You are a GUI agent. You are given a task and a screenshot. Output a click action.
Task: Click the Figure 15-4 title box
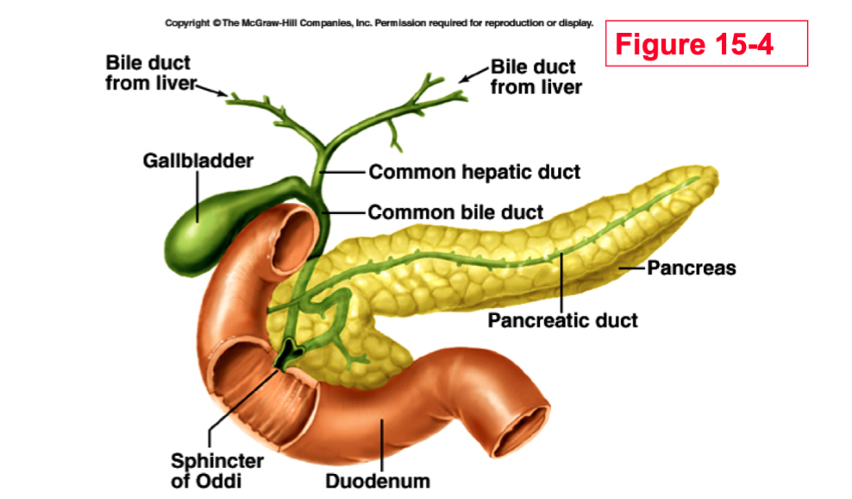(x=706, y=43)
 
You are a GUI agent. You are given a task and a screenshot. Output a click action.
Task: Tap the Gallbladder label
(x=198, y=161)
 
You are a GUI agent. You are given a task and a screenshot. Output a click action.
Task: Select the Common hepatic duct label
(x=474, y=172)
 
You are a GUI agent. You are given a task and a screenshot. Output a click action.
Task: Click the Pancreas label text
(x=692, y=268)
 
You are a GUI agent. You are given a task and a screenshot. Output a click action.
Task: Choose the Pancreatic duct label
(x=562, y=321)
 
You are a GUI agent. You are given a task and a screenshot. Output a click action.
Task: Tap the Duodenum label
(x=377, y=481)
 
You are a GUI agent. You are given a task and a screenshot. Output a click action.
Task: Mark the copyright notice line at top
(x=379, y=22)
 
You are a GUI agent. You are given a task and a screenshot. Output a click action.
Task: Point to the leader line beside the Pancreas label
(x=633, y=268)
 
